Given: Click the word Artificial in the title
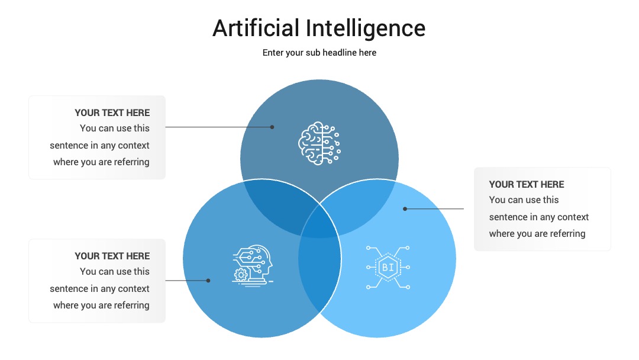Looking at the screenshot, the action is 256,28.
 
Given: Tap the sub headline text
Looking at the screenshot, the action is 319,53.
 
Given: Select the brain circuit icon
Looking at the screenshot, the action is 319,143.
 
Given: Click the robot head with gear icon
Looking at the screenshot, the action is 253,265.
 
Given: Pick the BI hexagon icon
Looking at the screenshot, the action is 388,268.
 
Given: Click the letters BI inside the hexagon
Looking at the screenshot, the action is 388,268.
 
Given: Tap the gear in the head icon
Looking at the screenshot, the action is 241,275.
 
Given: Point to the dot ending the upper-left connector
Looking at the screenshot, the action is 272,127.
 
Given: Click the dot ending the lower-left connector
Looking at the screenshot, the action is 208,281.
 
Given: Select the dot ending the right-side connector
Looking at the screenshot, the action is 405,209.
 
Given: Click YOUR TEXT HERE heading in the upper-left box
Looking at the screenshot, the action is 112,112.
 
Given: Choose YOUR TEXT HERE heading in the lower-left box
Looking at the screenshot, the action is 112,256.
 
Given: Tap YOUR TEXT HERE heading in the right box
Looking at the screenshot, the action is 527,184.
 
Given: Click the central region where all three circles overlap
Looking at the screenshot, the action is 319,222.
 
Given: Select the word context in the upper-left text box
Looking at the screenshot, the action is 134,146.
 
